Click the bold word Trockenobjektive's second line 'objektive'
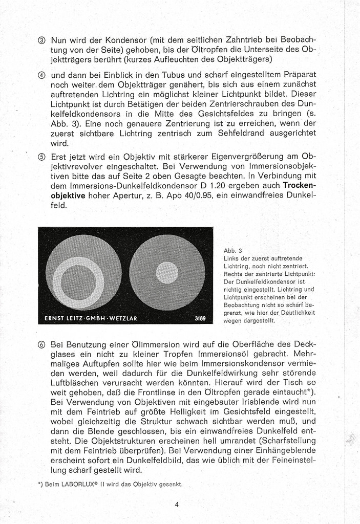(x=69, y=195)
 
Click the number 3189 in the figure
(x=200, y=318)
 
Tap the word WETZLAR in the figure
(x=122, y=318)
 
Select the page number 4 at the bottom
(x=177, y=504)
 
